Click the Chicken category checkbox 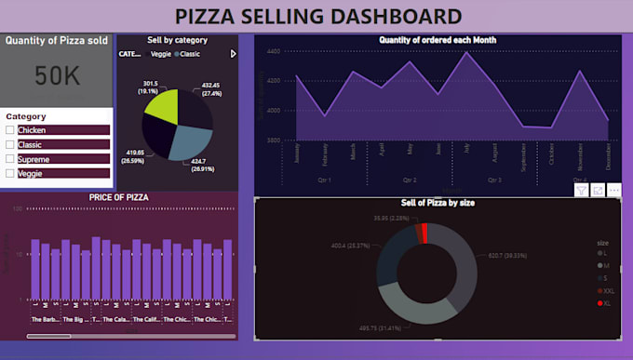[x=10, y=131]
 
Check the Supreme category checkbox [x=10, y=159]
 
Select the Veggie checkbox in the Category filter [x=10, y=173]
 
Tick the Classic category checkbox [x=10, y=145]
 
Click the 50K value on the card [x=58, y=76]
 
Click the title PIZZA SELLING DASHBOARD [x=318, y=15]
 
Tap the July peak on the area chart [x=465, y=52]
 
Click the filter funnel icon [x=581, y=190]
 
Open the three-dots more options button [x=613, y=190]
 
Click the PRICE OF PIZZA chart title [x=119, y=197]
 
